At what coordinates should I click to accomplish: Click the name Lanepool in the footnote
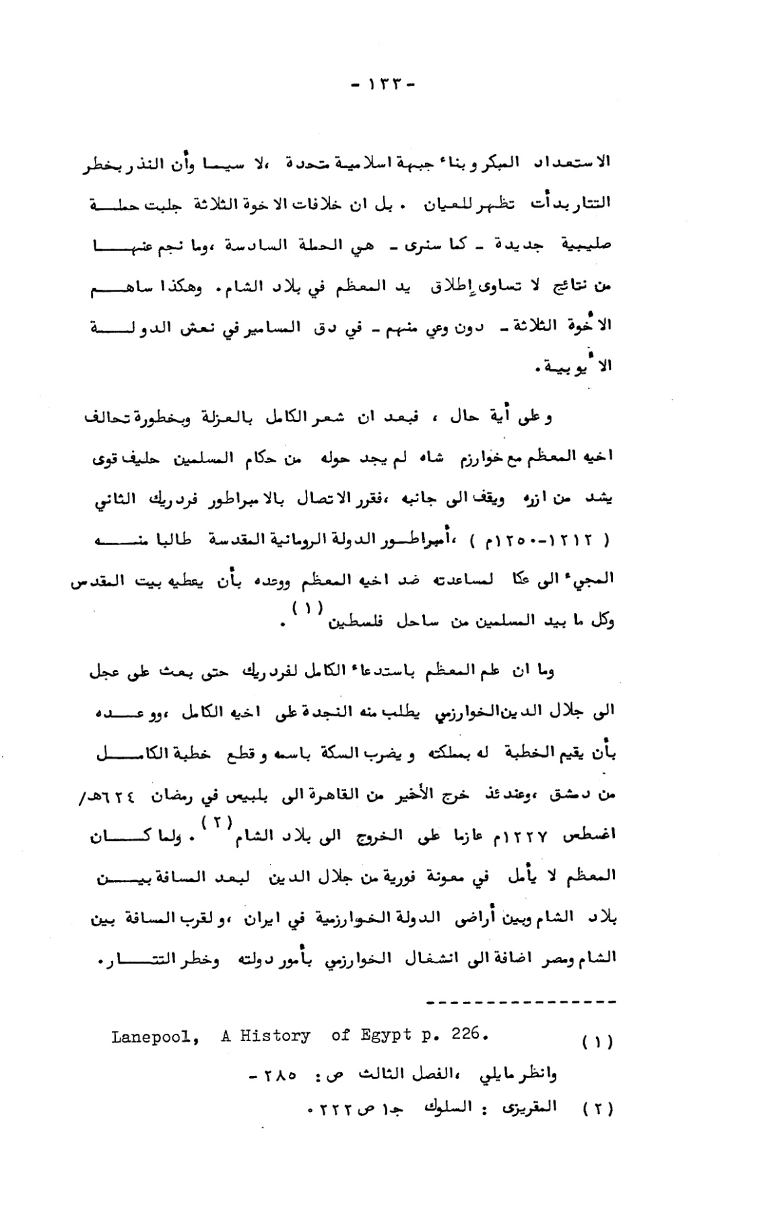tap(154, 1036)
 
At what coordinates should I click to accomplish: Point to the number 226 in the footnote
tap(467, 1034)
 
